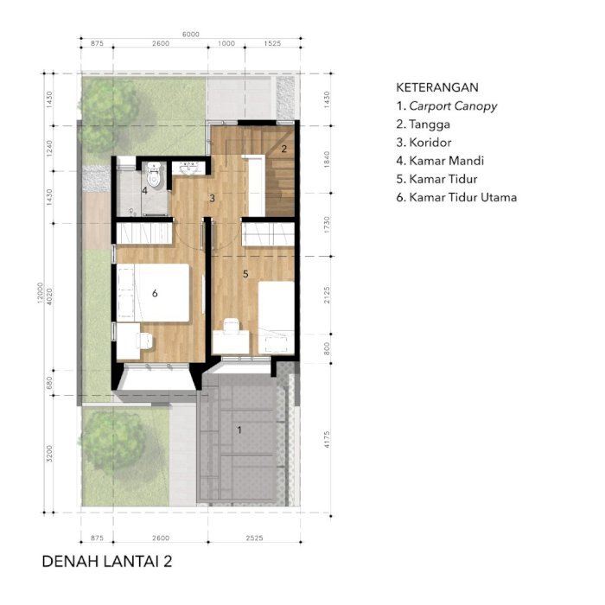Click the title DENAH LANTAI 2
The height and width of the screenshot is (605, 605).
tap(107, 562)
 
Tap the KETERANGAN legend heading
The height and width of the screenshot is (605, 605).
tap(437, 87)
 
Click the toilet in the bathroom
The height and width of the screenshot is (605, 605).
tap(154, 175)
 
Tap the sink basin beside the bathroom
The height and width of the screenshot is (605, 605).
tap(189, 169)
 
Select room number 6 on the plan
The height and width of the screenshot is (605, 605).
tap(155, 293)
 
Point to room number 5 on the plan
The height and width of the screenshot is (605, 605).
tap(245, 274)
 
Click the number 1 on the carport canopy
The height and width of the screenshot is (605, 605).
tap(239, 430)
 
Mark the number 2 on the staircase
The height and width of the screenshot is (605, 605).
tap(284, 149)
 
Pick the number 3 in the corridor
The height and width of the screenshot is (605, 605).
tap(212, 198)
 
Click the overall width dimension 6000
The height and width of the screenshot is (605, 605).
tap(191, 35)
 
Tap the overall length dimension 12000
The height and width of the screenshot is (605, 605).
tap(40, 293)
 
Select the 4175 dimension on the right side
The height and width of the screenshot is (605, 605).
tap(327, 439)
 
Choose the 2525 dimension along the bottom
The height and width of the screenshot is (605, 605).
tap(254, 538)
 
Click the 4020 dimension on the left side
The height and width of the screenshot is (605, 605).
tap(49, 296)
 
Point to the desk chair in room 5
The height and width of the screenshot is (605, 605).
tap(232, 325)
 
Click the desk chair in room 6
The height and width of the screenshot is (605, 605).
tap(144, 341)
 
